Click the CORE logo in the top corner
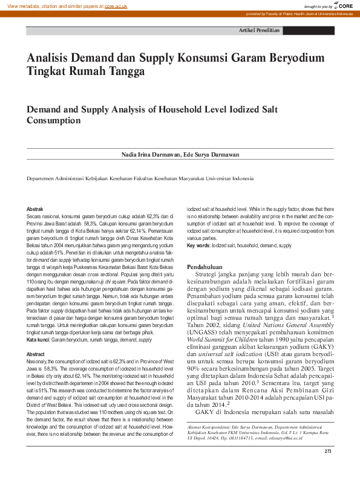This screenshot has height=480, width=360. tap(344, 5)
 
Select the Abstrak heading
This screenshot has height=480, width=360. tap(34, 209)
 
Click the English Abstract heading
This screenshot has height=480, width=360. tap(36, 354)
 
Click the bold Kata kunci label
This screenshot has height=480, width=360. tap(38, 340)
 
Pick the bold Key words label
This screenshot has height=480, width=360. tap(198, 246)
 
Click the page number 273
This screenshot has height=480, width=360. tap(329, 469)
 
